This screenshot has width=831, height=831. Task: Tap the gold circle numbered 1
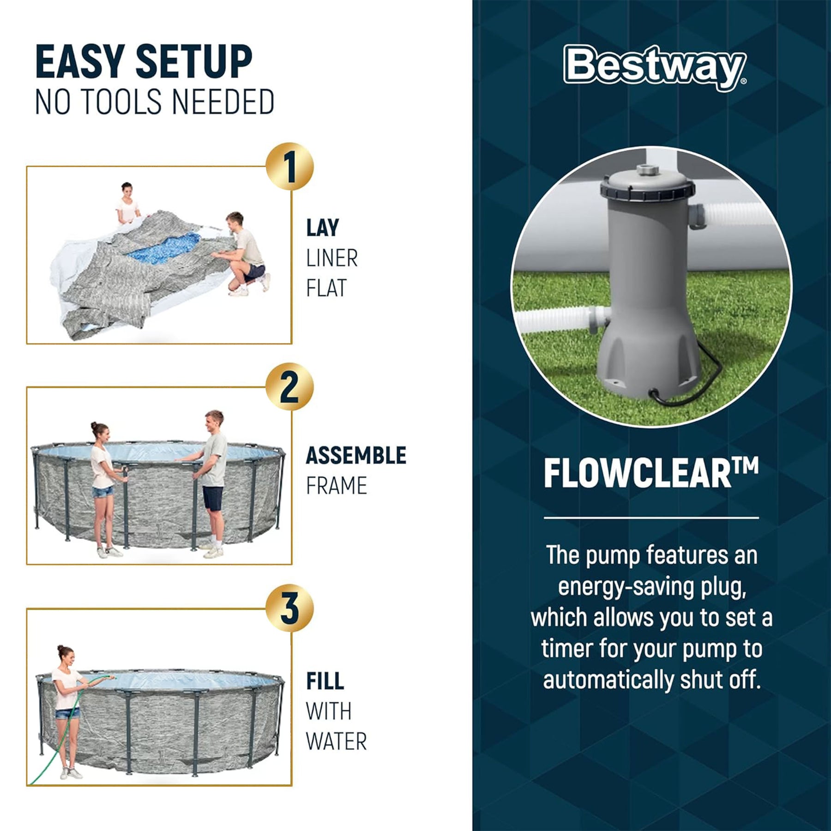(289, 167)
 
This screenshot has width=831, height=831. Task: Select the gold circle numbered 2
(289, 387)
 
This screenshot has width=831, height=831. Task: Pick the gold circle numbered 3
(289, 608)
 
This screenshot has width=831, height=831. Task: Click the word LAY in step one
(323, 228)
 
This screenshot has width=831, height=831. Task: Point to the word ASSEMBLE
(356, 455)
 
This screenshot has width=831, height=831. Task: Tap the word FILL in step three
(325, 681)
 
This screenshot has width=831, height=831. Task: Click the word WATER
(336, 741)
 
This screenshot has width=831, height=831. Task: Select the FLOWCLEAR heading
(651, 473)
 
